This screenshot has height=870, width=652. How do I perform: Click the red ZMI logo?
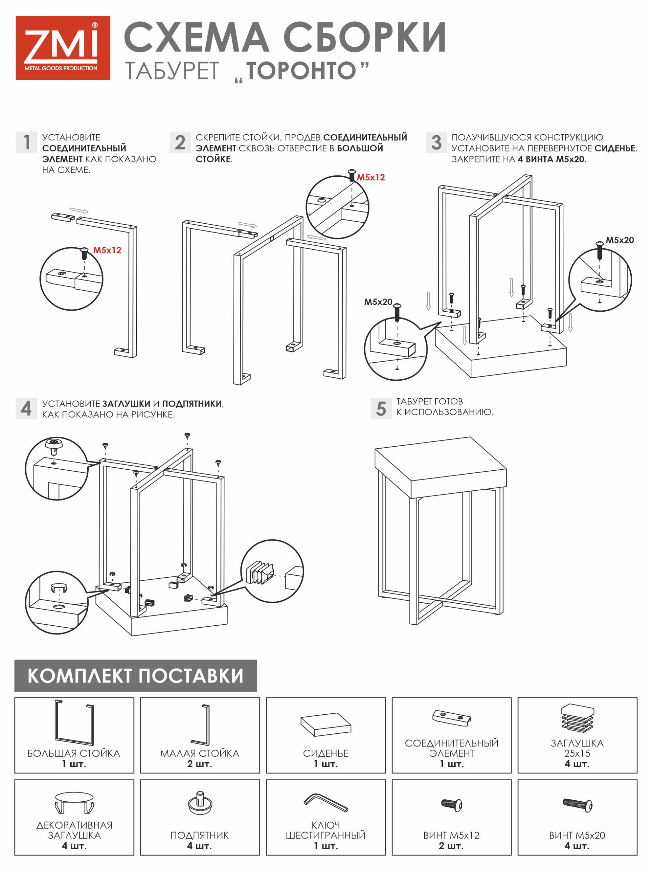(62, 48)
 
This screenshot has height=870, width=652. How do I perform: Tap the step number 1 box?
(26, 142)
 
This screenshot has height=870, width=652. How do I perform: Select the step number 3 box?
(436, 142)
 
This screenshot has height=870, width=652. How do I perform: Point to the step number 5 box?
(381, 408)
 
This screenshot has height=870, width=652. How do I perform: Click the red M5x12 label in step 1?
(107, 250)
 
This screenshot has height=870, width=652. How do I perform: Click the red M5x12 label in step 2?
(370, 177)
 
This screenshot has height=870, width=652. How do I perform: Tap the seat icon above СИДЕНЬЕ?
(325, 724)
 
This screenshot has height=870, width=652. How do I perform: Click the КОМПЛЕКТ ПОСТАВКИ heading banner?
(135, 675)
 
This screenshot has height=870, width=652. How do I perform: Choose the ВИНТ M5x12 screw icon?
(452, 804)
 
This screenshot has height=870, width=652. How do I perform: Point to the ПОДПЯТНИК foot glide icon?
(200, 803)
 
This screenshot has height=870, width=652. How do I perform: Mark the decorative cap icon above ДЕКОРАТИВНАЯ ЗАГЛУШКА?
(74, 802)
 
